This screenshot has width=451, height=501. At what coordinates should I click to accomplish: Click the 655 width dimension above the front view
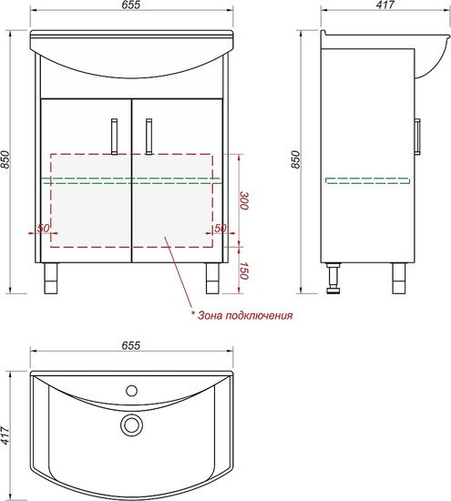click(131, 5)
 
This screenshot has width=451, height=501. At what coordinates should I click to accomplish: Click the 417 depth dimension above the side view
click(385, 5)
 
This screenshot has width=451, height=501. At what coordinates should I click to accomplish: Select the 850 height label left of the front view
click(5, 159)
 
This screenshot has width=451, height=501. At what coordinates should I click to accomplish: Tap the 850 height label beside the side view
click(295, 159)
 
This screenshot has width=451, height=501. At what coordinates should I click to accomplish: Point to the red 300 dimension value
click(244, 200)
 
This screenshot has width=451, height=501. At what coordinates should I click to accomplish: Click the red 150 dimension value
click(244, 271)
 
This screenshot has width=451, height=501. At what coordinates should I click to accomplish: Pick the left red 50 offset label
click(44, 228)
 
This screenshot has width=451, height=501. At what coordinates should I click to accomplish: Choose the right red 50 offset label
click(220, 228)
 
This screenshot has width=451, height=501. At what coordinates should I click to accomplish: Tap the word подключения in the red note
click(259, 316)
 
